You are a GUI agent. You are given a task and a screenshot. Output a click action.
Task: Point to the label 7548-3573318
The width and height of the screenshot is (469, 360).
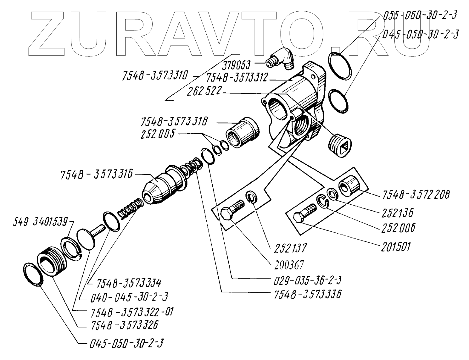coord(174,122)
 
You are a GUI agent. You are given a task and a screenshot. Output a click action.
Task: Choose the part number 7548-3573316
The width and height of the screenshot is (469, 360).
coord(97,175)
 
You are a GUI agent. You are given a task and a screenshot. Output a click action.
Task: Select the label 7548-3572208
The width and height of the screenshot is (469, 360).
coord(416,195)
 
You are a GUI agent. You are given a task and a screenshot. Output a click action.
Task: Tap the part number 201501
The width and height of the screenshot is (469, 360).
coord(396,247)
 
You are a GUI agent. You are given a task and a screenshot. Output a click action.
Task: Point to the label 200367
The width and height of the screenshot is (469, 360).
coord(288,265)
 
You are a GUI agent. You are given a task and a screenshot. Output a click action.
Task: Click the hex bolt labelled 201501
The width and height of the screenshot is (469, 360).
coord(304,214)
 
